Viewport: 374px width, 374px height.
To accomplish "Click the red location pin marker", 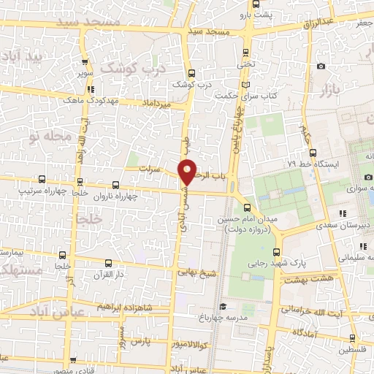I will (x=188, y=172).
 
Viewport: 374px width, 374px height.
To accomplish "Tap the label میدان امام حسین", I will (x=244, y=218).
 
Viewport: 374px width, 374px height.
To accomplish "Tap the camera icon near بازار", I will (x=321, y=66).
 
